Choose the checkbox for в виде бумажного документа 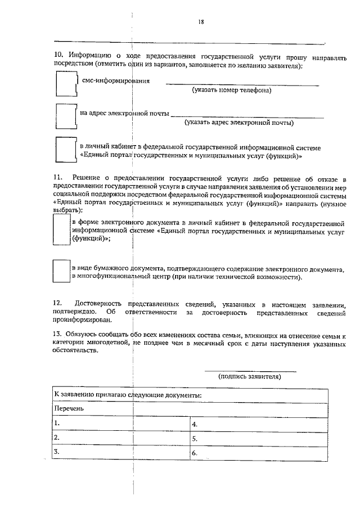click(x=61, y=271)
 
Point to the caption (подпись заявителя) click(x=250, y=377)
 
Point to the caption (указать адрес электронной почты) click(x=238, y=122)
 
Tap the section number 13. click(x=58, y=335)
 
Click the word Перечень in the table click(x=69, y=408)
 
